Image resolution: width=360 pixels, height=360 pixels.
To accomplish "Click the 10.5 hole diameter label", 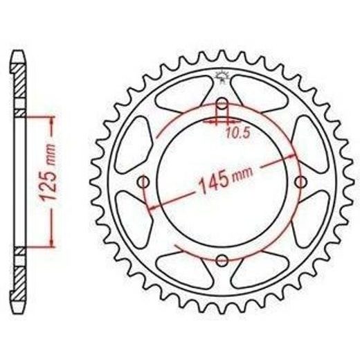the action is click(238, 133).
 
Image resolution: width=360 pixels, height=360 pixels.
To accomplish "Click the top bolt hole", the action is click(222, 104).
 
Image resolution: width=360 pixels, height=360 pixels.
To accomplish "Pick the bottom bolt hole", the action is click(222, 260).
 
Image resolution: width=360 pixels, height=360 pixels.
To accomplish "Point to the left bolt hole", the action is click(143, 182).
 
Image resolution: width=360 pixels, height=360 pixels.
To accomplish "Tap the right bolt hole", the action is click(301, 182).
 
